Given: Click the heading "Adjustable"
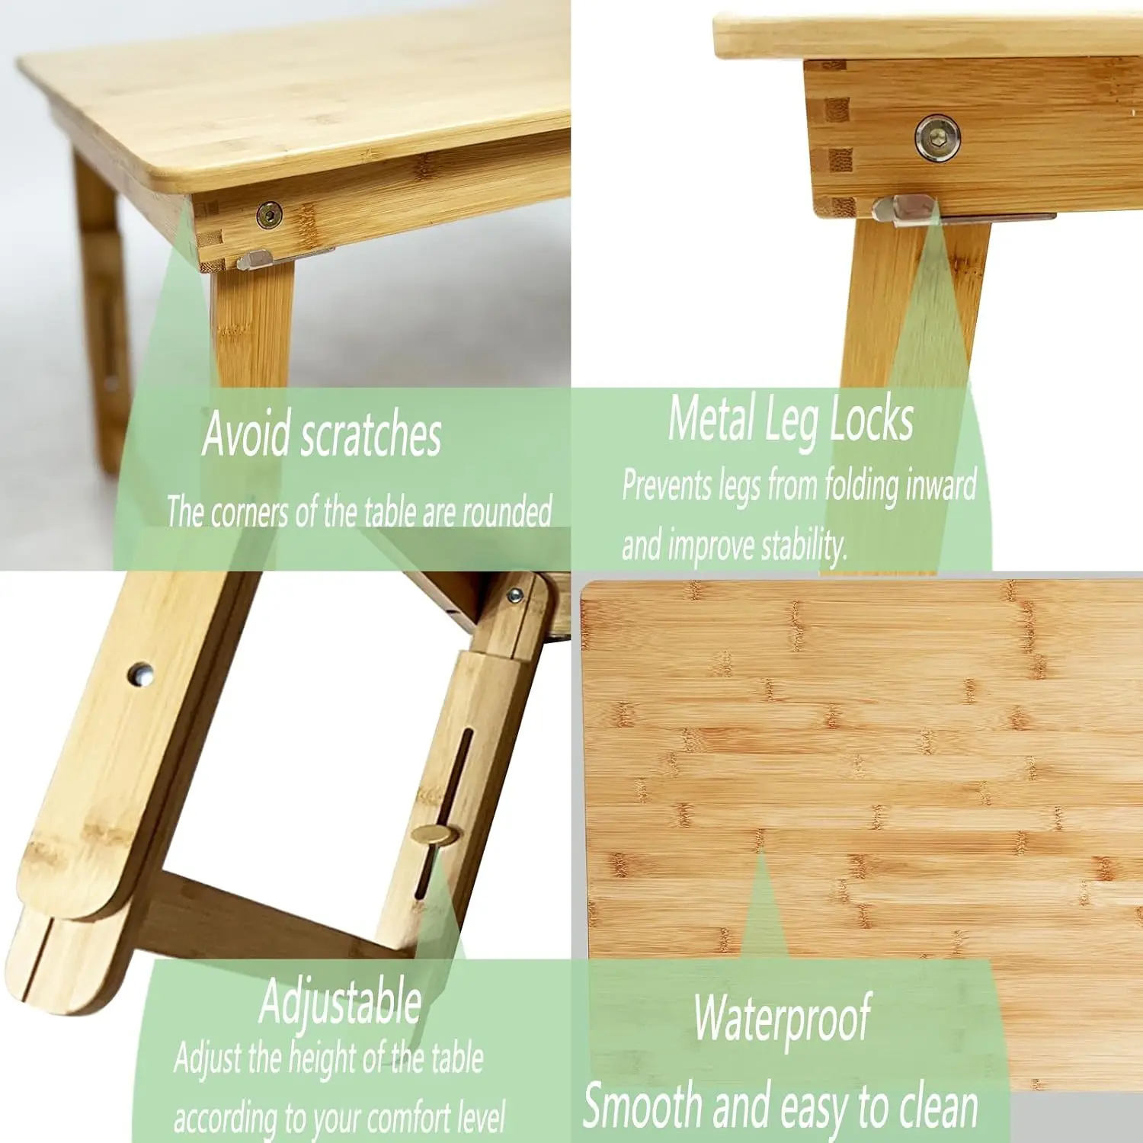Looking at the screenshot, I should click(341, 1001).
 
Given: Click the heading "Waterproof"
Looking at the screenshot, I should click(782, 1018).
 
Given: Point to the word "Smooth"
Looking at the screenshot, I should click(642, 1106).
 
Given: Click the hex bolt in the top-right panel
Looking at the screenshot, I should click(937, 138).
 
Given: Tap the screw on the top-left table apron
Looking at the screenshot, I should click(269, 215).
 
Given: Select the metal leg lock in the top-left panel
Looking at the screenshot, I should click(255, 261).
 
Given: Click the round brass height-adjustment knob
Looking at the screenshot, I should click(434, 835).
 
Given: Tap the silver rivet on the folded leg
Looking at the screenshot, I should click(140, 674).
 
